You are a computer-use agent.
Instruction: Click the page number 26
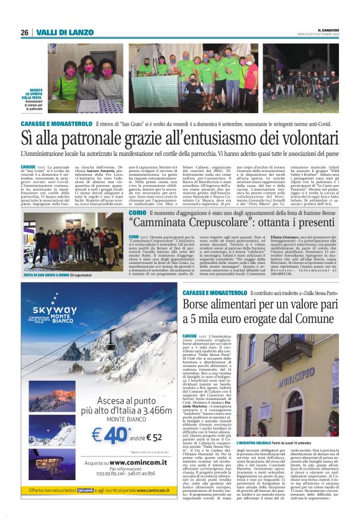(24, 32)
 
